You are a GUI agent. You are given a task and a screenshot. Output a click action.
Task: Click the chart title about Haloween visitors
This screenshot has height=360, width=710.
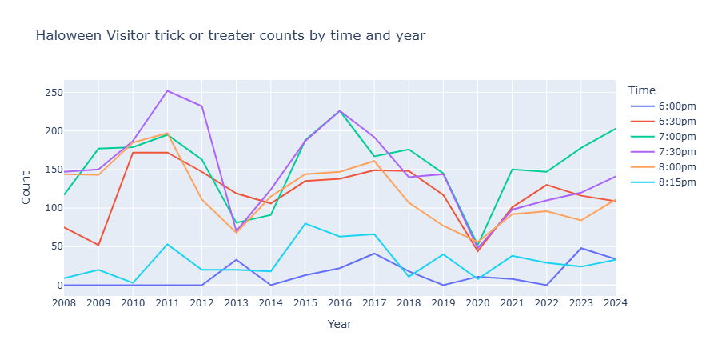(230, 35)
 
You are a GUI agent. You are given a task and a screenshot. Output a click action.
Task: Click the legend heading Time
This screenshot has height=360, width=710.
(642, 90)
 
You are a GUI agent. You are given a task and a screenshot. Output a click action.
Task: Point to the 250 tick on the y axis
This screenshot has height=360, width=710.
(53, 93)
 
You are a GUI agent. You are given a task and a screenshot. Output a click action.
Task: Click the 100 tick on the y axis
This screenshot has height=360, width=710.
(53, 208)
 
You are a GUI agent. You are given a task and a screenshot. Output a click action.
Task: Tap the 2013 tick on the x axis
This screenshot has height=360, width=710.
(236, 303)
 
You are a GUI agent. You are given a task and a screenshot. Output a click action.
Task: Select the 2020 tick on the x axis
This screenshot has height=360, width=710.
(478, 303)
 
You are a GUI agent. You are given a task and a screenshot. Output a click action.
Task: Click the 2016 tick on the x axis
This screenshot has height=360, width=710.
(340, 303)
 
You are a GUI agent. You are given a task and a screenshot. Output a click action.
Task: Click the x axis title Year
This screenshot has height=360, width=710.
(340, 325)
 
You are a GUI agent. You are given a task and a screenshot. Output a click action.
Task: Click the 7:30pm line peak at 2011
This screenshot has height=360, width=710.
(167, 90)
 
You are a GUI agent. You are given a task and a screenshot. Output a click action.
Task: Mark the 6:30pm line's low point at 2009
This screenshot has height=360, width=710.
(98, 245)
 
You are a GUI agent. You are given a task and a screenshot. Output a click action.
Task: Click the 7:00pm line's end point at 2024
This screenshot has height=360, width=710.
(616, 129)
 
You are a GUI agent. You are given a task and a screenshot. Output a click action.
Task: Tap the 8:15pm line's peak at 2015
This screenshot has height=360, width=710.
(305, 223)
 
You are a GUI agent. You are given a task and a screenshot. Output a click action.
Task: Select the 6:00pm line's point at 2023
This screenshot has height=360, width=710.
(581, 248)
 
